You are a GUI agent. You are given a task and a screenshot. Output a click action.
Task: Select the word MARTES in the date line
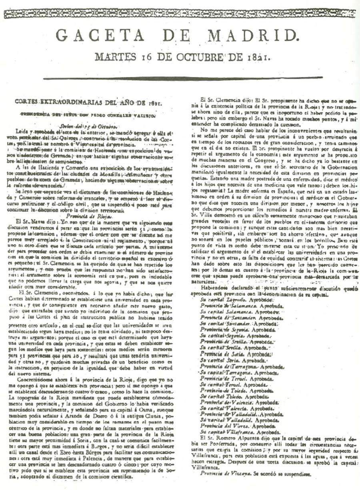[x=113, y=57]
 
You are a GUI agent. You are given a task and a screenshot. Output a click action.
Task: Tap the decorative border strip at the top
[x=180, y=14]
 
